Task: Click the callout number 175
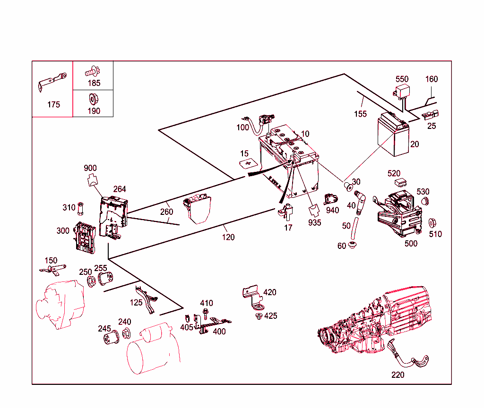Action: pyautogui.click(x=53, y=104)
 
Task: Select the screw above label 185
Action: pyautogui.click(x=92, y=73)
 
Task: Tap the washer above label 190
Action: pyautogui.click(x=93, y=100)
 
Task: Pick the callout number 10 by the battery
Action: pyautogui.click(x=305, y=134)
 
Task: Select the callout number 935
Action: pyautogui.click(x=314, y=222)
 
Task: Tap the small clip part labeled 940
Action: pyautogui.click(x=330, y=199)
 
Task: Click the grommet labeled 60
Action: pyautogui.click(x=352, y=246)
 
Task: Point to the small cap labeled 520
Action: pyautogui.click(x=401, y=182)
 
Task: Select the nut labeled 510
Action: pyautogui.click(x=432, y=223)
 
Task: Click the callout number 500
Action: pyautogui.click(x=411, y=244)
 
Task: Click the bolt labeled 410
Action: pyautogui.click(x=206, y=313)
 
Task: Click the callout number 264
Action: pyautogui.click(x=120, y=189)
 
